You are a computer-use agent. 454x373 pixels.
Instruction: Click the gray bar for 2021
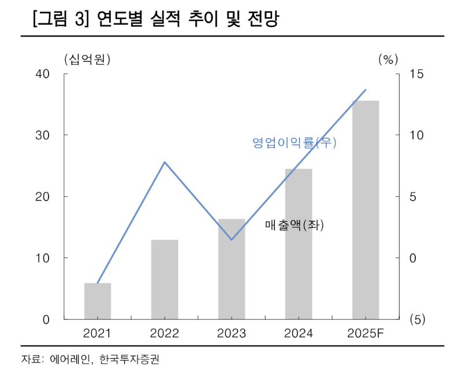pos(98,301)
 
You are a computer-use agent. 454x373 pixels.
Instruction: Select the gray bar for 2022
pos(165,279)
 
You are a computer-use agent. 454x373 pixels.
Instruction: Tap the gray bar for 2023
pos(232,269)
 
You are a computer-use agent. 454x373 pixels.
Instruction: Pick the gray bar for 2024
pos(299,244)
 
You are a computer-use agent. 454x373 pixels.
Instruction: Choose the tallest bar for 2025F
pos(366,210)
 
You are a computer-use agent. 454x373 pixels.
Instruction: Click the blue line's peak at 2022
pos(165,162)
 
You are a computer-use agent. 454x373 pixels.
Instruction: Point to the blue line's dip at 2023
pos(232,240)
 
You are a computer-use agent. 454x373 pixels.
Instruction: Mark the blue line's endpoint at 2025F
pos(366,90)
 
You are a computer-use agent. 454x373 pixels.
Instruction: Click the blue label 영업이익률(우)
pos(294,143)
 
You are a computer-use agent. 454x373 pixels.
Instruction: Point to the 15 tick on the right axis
pos(416,74)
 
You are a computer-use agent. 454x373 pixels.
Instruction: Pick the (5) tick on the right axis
pos(417,319)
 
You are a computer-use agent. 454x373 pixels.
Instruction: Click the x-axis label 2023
pos(232,334)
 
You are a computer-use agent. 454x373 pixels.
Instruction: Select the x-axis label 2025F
pos(366,334)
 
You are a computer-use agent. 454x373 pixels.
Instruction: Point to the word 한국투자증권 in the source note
pos(129,360)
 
